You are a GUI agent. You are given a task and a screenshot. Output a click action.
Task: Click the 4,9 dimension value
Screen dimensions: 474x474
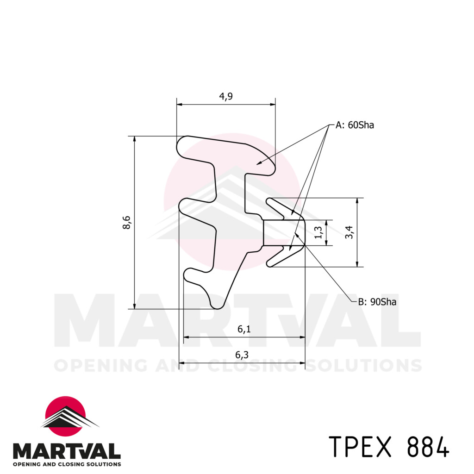click(x=225, y=96)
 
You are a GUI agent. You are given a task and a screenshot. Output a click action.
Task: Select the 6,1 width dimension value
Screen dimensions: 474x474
click(x=244, y=329)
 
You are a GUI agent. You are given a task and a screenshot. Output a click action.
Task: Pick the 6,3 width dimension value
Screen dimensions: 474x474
click(x=242, y=355)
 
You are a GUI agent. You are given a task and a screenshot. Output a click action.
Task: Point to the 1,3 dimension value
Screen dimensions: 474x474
click(x=318, y=232)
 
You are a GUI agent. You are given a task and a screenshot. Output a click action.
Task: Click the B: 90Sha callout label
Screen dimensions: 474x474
click(x=377, y=302)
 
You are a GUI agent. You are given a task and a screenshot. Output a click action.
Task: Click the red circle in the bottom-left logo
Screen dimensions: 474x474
click(x=65, y=413)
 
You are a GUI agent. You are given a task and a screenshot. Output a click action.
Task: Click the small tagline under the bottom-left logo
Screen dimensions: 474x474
click(x=67, y=464)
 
